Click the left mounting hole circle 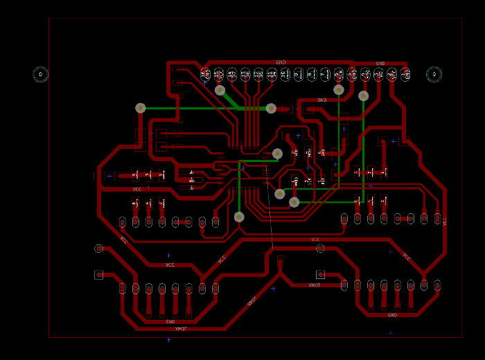coord(41,74)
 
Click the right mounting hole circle coord(434,74)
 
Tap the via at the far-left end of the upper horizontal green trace coord(141,108)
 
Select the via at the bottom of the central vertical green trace coord(239,217)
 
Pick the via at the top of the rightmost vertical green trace coord(364,96)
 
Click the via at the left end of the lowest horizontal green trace coord(294,202)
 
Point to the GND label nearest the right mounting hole coord(380,64)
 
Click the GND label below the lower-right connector coord(392,315)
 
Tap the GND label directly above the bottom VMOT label coord(170,322)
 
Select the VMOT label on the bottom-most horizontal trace coord(182,329)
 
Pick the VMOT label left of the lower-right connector coord(315,285)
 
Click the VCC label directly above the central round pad coord(315,240)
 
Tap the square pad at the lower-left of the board coord(98,275)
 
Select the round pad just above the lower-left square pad coord(98,248)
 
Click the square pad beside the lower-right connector coord(320,275)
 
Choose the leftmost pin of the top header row coord(205,74)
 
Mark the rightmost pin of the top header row coord(405,74)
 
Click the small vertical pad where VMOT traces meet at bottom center coord(280,262)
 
